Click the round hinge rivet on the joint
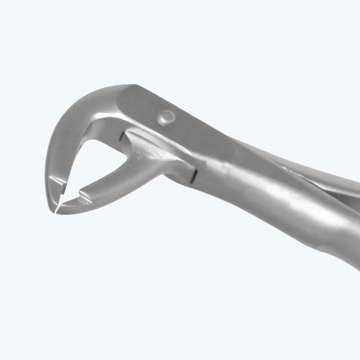click(166, 117)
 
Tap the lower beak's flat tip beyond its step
click(70, 205)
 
